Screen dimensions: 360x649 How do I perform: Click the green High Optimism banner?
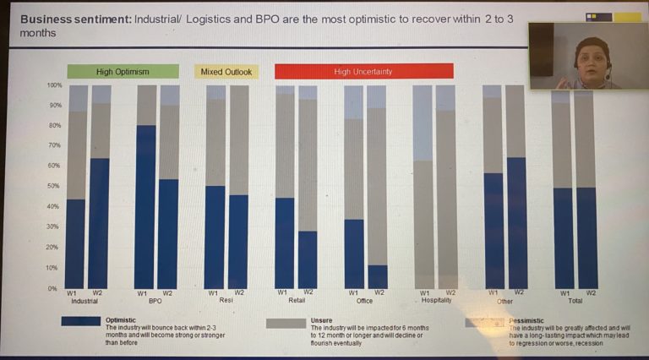coord(123,72)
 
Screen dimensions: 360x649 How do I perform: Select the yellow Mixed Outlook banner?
coord(226,72)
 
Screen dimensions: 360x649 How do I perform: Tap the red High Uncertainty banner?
coord(363,72)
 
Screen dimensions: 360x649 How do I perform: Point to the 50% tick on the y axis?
coord(54,186)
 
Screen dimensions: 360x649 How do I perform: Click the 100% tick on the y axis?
coord(54,85)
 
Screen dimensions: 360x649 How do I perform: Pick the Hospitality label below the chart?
coord(435,300)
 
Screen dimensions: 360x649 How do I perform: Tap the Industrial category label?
coord(85,301)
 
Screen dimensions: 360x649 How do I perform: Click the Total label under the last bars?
coord(575,300)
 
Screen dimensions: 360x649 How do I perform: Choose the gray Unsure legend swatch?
coord(286,322)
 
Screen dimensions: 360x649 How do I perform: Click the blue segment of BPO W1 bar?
coord(145,207)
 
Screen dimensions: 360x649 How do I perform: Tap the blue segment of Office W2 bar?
coord(378,276)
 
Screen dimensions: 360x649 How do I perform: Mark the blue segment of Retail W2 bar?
coord(308,259)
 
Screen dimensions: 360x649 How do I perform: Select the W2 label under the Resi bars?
coord(239,293)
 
